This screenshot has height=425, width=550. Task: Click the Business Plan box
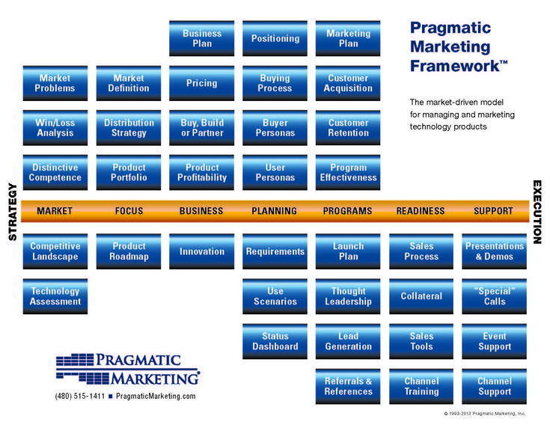pyautogui.click(x=202, y=38)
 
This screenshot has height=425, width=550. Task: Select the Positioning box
pyautogui.click(x=275, y=38)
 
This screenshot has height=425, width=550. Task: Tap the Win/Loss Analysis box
pyautogui.click(x=55, y=128)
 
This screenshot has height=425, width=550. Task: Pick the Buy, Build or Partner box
pyautogui.click(x=202, y=128)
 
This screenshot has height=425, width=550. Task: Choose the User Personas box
pyautogui.click(x=275, y=173)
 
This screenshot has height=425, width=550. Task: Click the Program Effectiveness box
pyautogui.click(x=348, y=173)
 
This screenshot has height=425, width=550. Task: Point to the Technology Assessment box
pyautogui.click(x=55, y=296)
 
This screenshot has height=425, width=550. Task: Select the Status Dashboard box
pyautogui.click(x=275, y=341)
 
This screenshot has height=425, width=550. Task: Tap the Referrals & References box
pyautogui.click(x=348, y=386)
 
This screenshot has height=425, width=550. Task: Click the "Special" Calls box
pyautogui.click(x=494, y=296)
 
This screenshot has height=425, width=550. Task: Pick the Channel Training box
pyautogui.click(x=421, y=386)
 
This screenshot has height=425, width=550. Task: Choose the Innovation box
pyautogui.click(x=202, y=251)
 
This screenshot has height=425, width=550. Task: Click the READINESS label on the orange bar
pyautogui.click(x=421, y=211)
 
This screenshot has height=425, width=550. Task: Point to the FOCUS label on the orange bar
pyautogui.click(x=129, y=211)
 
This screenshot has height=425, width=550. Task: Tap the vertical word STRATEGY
pyautogui.click(x=13, y=212)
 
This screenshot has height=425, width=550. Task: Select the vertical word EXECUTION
pyautogui.click(x=537, y=212)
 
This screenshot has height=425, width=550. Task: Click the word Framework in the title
pyautogui.click(x=455, y=66)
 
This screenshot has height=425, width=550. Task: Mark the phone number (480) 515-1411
pyautogui.click(x=80, y=397)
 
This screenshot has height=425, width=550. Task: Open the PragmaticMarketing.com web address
pyautogui.click(x=156, y=397)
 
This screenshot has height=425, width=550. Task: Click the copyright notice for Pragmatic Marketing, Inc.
pyautogui.click(x=484, y=414)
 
